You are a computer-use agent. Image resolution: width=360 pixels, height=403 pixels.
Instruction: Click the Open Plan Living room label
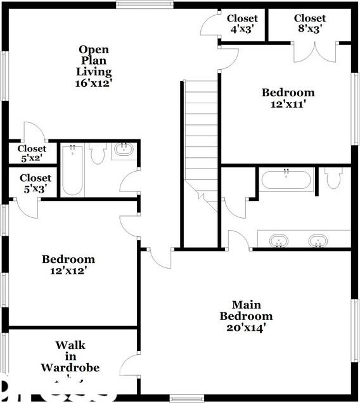tap(94, 60)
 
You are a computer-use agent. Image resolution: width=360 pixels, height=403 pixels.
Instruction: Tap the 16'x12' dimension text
tap(94, 82)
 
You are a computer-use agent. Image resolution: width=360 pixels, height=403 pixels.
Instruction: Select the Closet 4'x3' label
tap(242, 23)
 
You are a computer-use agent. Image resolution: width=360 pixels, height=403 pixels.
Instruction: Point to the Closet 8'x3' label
tap(310, 23)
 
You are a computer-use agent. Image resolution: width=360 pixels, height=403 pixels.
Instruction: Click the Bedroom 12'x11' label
tap(288, 98)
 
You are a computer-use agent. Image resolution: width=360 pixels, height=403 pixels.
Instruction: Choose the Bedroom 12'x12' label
tap(68, 264)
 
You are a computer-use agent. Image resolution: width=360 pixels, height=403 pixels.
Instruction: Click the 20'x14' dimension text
tap(247, 328)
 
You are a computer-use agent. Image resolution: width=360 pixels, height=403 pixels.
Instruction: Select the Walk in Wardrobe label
tap(70, 356)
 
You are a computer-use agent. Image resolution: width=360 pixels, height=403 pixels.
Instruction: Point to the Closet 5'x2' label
tap(32, 154)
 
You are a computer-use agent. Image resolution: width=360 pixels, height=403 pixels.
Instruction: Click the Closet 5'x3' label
tap(35, 183)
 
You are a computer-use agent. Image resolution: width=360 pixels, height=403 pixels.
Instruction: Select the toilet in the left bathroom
tap(98, 154)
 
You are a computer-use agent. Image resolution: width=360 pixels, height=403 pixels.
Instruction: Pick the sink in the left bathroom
tap(122, 151)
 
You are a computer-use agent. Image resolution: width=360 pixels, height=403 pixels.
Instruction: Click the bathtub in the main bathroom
tap(286, 180)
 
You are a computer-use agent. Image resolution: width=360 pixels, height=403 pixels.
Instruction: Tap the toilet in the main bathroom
tap(333, 179)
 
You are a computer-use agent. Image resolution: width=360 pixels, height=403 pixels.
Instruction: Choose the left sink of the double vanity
tap(279, 241)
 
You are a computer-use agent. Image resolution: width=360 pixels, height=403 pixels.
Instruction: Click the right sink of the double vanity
tap(318, 241)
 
